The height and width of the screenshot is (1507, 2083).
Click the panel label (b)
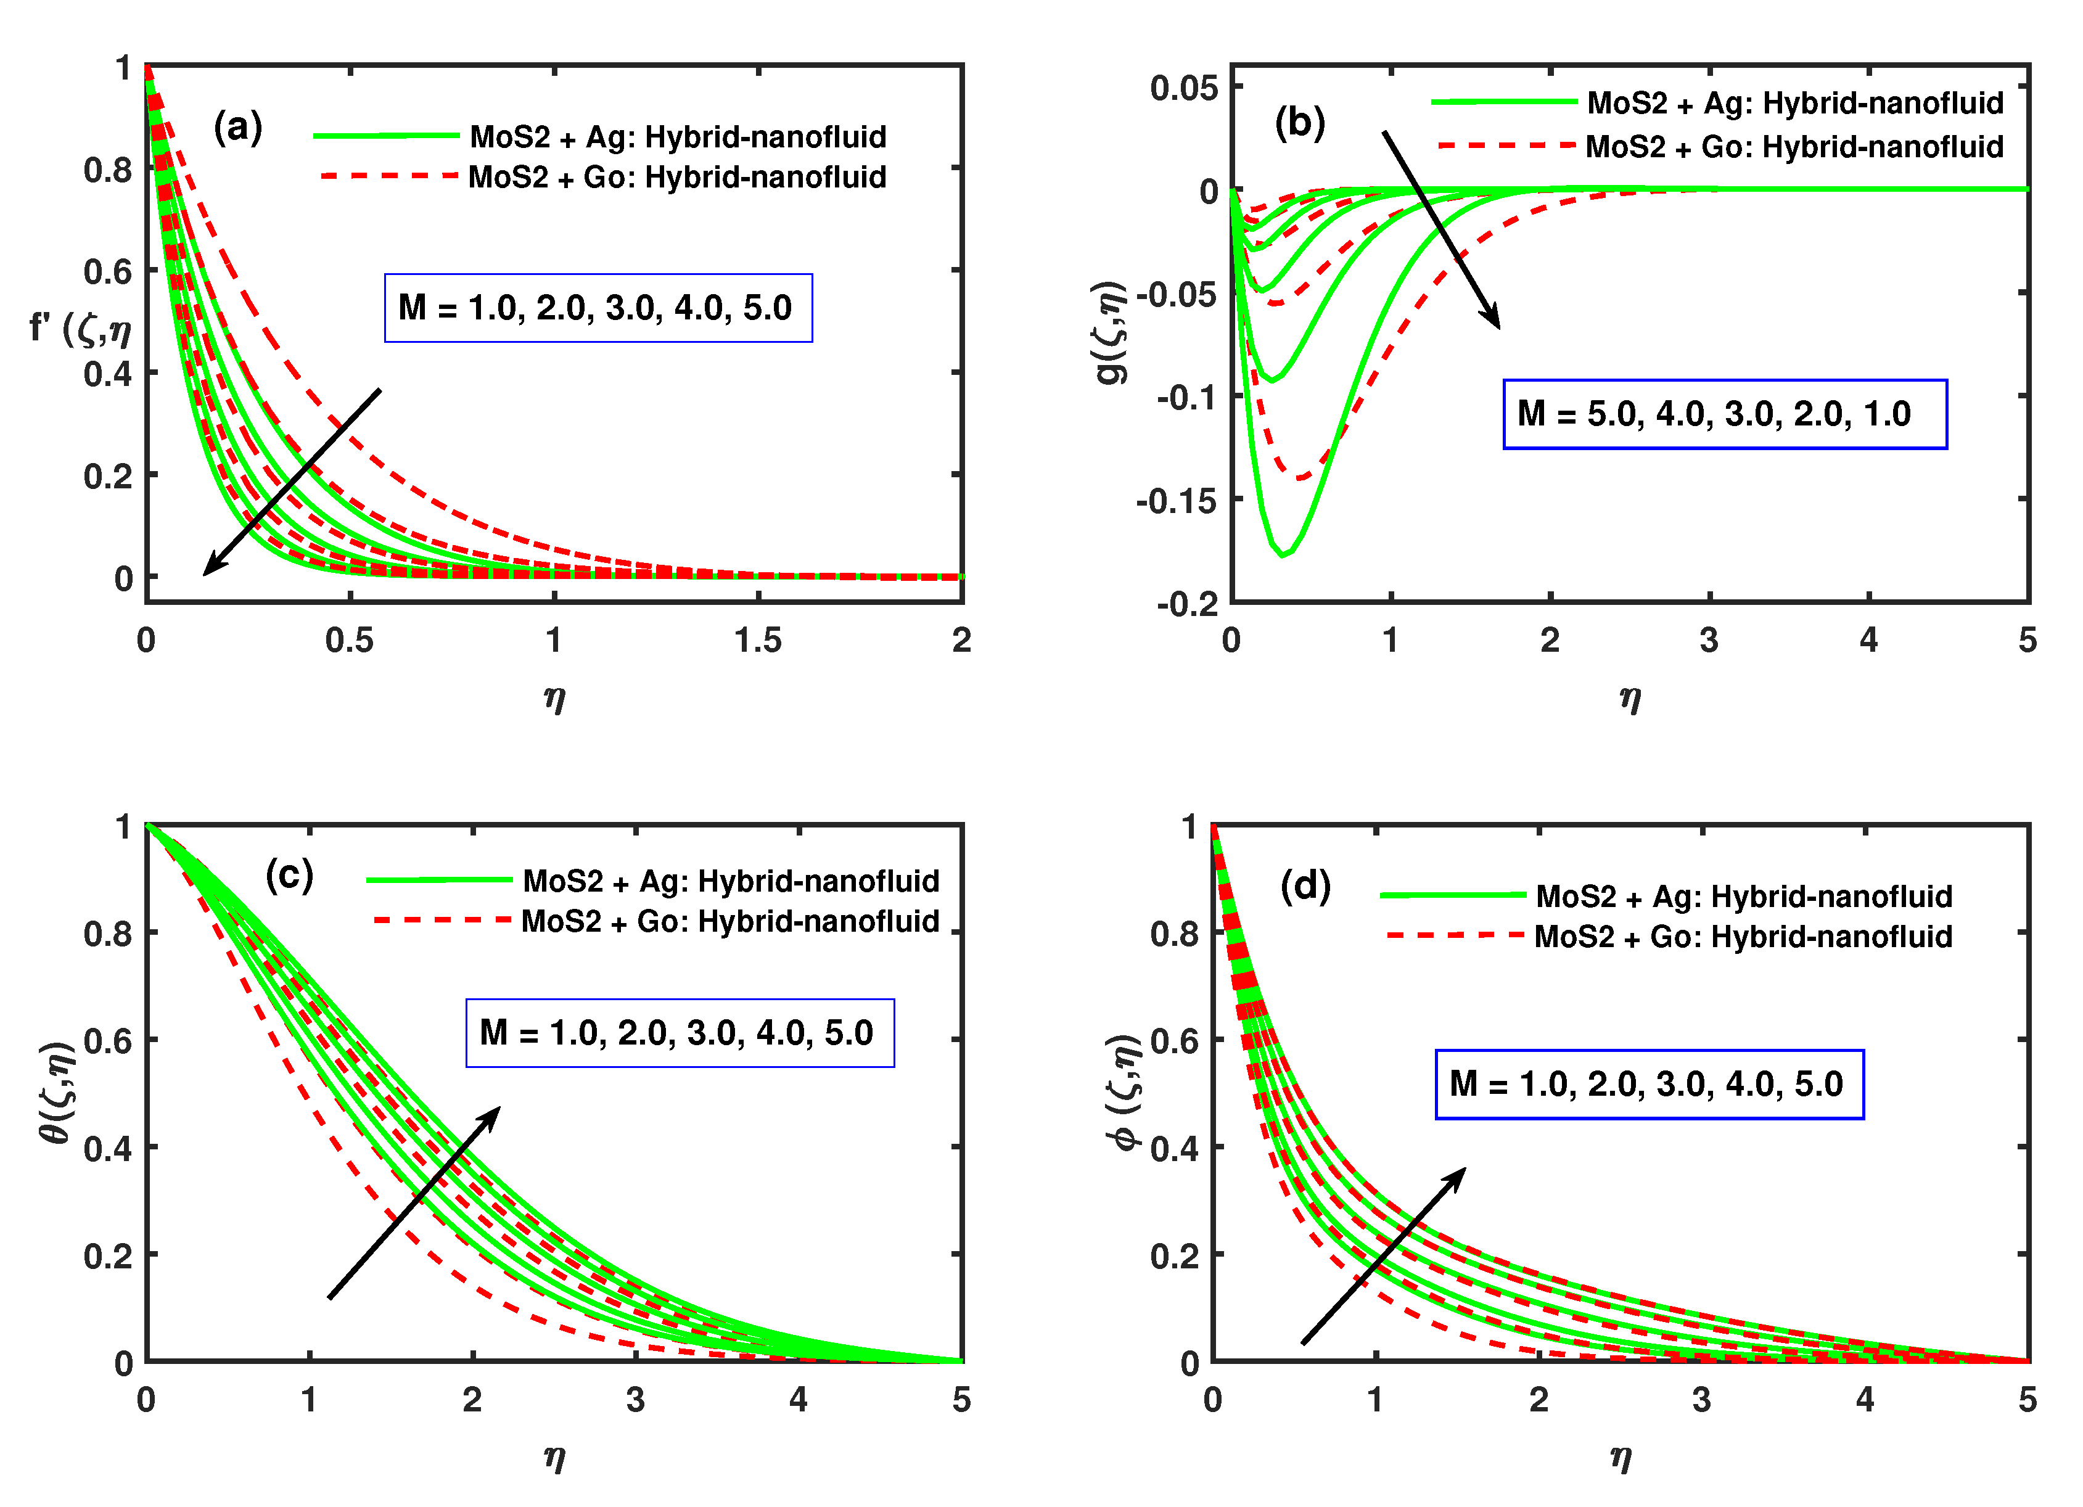[1300, 122]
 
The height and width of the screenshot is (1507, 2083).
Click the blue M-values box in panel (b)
[1724, 414]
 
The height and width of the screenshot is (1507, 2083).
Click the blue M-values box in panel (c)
[680, 1033]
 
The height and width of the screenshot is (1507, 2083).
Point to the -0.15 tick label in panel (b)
[1177, 501]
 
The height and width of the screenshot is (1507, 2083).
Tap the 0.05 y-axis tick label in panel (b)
[1184, 89]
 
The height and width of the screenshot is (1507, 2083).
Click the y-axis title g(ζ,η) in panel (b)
[1111, 332]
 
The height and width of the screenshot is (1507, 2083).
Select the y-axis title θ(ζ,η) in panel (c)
[57, 1092]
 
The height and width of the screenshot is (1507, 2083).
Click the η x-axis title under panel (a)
[554, 699]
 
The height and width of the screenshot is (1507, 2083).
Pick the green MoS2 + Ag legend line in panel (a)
[386, 136]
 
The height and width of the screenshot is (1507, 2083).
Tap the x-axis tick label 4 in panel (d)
[1865, 1400]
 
